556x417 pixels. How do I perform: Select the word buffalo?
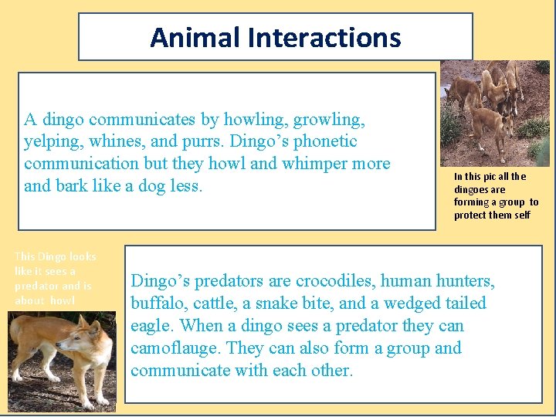pyautogui.click(x=156, y=303)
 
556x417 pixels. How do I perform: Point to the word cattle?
pyautogui.click(x=215, y=303)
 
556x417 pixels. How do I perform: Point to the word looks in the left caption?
pyautogui.click(x=83, y=256)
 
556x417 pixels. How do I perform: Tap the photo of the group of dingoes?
pyautogui.click(x=494, y=112)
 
